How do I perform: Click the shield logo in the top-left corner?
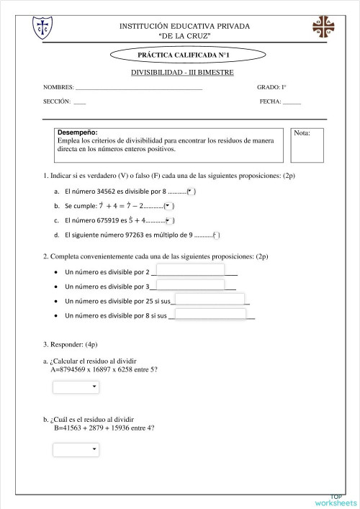pos(42,27)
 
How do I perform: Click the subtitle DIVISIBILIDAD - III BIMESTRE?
pos(182,72)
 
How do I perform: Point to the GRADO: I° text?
pos(271,87)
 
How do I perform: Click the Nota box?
pos(308,145)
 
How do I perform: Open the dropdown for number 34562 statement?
pos(191,192)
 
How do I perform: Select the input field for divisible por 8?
pos(210,314)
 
